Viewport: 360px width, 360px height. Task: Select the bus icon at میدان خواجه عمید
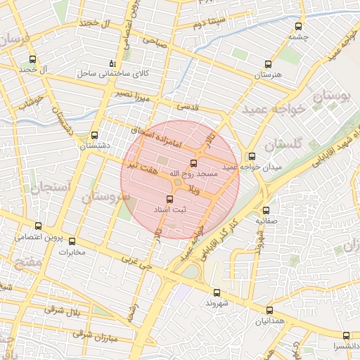pyautogui.click(x=251, y=156)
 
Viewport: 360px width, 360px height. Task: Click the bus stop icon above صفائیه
pyautogui.click(x=266, y=210)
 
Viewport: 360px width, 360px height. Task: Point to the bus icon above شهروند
pyautogui.click(x=216, y=292)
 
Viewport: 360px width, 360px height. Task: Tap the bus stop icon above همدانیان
pyautogui.click(x=269, y=310)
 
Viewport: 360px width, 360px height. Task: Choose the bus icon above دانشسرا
pyautogui.click(x=345, y=335)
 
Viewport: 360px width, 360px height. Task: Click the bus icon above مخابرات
pyautogui.click(x=72, y=241)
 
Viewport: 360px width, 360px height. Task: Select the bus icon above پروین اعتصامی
pyautogui.click(x=38, y=226)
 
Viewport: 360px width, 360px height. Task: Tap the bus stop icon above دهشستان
pyautogui.click(x=95, y=135)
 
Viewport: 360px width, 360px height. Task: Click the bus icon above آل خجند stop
pyautogui.click(x=32, y=59)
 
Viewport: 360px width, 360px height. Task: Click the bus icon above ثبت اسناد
pyautogui.click(x=169, y=199)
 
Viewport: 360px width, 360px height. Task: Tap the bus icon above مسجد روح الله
pyautogui.click(x=194, y=162)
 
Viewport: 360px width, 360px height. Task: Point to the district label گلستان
pyautogui.click(x=285, y=144)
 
